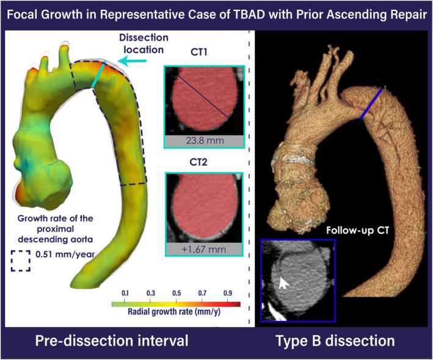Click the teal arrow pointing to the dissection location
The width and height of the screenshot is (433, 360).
pyautogui.click(x=132, y=62)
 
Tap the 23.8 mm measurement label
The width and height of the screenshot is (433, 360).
pyautogui.click(x=205, y=141)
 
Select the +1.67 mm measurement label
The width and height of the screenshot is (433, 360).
pyautogui.click(x=204, y=249)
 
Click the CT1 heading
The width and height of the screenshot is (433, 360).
pyautogui.click(x=199, y=52)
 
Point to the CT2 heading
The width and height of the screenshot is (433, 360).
pyautogui.click(x=198, y=162)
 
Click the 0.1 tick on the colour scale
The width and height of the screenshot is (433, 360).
pyautogui.click(x=125, y=293)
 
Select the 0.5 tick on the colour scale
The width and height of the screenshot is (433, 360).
pyautogui.click(x=176, y=293)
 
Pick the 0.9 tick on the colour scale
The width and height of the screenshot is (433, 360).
pyautogui.click(x=228, y=293)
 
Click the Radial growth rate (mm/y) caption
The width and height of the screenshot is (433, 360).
pyautogui.click(x=174, y=312)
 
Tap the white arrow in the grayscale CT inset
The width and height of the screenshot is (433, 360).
pyautogui.click(x=283, y=283)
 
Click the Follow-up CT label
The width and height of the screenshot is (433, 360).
pyautogui.click(x=357, y=230)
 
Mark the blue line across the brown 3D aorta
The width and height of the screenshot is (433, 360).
pyautogui.click(x=371, y=104)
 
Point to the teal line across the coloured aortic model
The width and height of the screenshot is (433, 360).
pyautogui.click(x=98, y=75)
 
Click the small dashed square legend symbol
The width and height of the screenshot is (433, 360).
pyautogui.click(x=21, y=261)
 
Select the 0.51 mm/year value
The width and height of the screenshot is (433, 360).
pyautogui.click(x=65, y=254)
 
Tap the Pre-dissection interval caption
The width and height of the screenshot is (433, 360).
pyautogui.click(x=112, y=340)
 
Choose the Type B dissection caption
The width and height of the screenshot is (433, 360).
pyautogui.click(x=335, y=341)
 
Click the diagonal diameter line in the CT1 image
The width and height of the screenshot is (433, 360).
pyautogui.click(x=203, y=97)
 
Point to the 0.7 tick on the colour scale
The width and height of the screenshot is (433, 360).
pyautogui.click(x=202, y=293)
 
